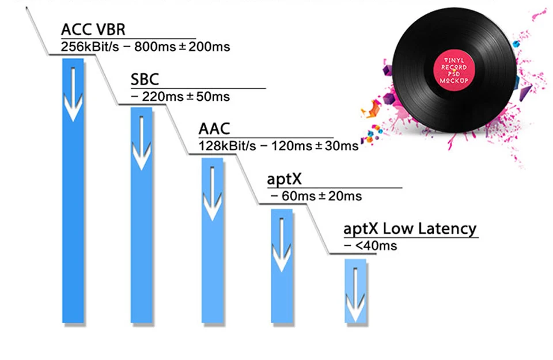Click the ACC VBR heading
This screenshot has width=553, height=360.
tap(93, 29)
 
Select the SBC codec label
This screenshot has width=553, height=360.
tap(145, 79)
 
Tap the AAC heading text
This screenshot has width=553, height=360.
tap(214, 128)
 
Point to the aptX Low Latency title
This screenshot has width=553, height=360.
tap(410, 229)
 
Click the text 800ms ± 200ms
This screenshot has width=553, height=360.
tap(182, 47)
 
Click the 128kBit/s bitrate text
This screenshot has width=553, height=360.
tap(227, 146)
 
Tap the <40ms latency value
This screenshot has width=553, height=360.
tap(376, 246)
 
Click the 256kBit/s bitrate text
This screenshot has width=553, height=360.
tap(90, 47)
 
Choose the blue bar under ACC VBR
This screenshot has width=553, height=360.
tap(73, 191)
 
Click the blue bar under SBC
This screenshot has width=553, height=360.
tap(142, 215)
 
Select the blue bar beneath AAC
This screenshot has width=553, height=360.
tap(213, 240)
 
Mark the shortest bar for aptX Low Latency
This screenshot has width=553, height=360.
tap(355, 291)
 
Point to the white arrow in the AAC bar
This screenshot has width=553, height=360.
tap(213, 192)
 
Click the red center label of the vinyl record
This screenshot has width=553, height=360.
tap(454, 70)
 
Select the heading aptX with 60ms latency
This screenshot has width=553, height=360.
tap(284, 179)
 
